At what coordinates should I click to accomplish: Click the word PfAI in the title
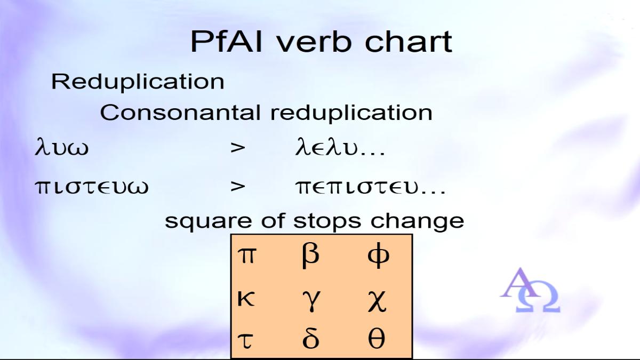(x=226, y=42)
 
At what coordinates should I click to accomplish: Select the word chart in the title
(x=409, y=42)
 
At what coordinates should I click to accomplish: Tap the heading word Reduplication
(x=138, y=82)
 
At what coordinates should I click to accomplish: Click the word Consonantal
(x=180, y=113)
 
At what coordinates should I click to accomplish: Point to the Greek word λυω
(x=62, y=147)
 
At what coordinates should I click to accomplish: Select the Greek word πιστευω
(x=92, y=187)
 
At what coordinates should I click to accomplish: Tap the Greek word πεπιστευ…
(x=370, y=187)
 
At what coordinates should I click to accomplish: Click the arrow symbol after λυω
(x=238, y=148)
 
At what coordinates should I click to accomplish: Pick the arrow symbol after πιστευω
(x=238, y=187)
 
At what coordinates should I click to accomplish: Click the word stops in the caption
(x=327, y=221)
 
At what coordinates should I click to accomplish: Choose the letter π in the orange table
(x=247, y=255)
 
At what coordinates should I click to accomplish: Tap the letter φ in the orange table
(x=378, y=255)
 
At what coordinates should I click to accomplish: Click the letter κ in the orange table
(x=246, y=299)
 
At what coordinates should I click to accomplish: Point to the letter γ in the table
(x=311, y=301)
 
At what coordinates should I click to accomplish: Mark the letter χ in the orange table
(x=377, y=301)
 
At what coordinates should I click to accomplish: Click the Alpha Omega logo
(x=530, y=290)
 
